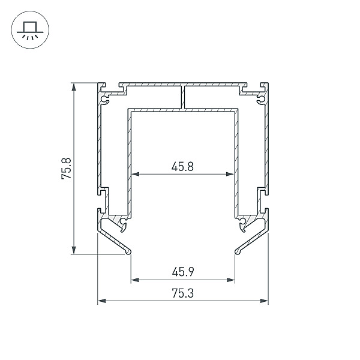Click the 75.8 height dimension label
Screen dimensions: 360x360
pyautogui.click(x=67, y=169)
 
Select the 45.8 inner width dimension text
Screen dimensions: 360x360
pyautogui.click(x=183, y=166)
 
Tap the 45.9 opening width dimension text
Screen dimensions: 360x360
pyautogui.click(x=183, y=272)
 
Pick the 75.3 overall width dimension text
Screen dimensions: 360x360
pyautogui.click(x=183, y=293)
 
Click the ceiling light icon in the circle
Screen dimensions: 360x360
pyautogui.click(x=30, y=30)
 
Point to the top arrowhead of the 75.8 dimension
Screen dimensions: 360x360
pyautogui.click(x=74, y=87)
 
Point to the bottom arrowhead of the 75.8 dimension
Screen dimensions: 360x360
pyautogui.click(x=74, y=250)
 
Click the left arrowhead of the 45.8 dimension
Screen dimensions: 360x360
pyautogui.click(x=135, y=174)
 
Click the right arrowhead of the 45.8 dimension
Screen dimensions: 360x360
pyautogui.click(x=230, y=174)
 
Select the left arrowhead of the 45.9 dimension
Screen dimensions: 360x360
pyautogui.click(x=135, y=280)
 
